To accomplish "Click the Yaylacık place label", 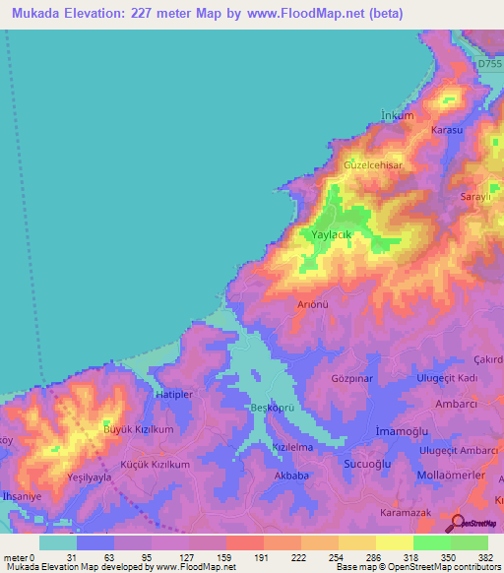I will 331,236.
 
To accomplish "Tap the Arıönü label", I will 313,304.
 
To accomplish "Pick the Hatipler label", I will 176,394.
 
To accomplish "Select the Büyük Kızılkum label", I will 139,430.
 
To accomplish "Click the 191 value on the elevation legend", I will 263,557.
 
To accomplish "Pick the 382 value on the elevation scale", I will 486,557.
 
